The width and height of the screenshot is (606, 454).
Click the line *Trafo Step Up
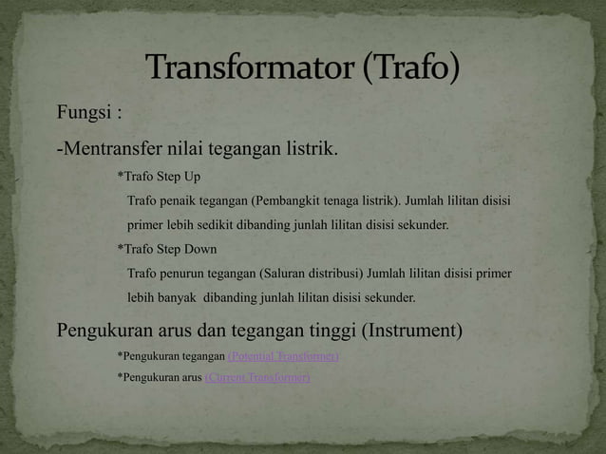click(x=159, y=177)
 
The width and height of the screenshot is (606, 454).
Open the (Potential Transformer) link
click(x=283, y=356)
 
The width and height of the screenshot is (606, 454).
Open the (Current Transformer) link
click(x=257, y=378)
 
